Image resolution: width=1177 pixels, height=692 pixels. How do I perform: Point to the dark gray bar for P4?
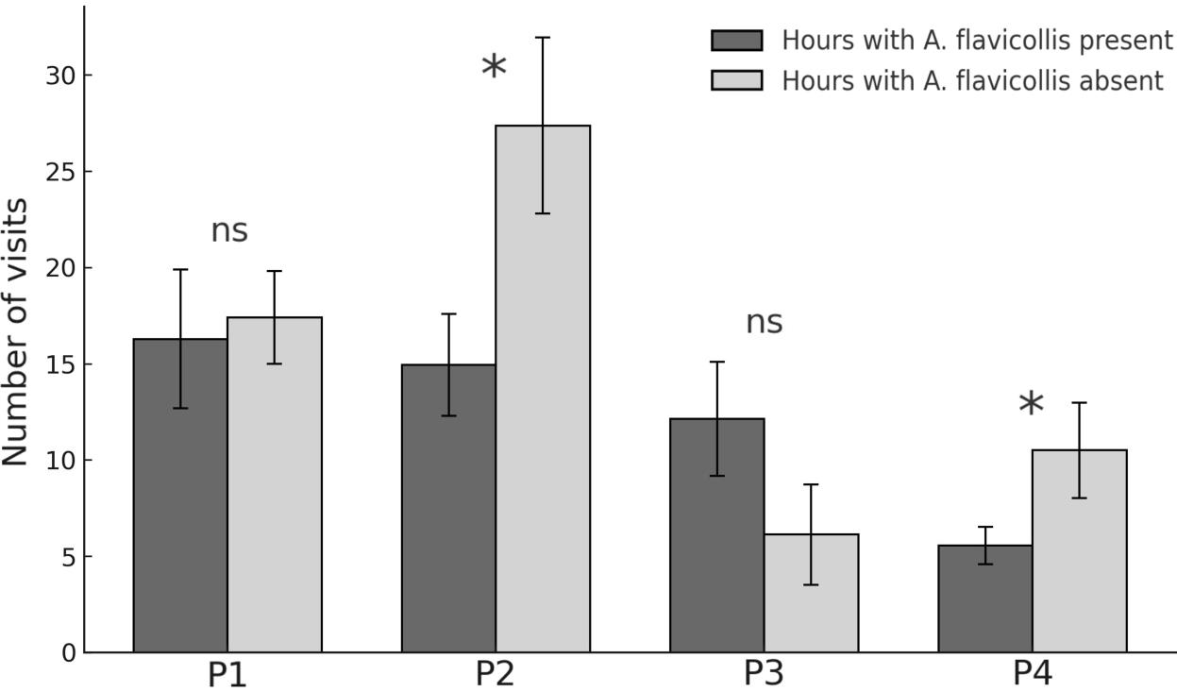coord(984,599)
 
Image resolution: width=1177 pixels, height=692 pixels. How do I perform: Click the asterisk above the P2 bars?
coord(494,68)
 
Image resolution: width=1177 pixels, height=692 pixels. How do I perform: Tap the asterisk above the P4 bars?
coord(1031,405)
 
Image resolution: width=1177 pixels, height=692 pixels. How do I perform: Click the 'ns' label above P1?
coord(229,231)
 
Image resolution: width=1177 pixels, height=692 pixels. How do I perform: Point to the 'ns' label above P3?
coord(765,323)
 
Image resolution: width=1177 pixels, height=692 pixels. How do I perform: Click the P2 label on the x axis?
coord(496,674)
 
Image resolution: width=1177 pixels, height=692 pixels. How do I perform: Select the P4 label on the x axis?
coord(1032,674)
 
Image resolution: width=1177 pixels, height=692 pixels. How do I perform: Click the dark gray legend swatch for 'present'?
coord(736,41)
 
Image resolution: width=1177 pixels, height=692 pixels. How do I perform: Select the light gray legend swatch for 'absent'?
coord(736,81)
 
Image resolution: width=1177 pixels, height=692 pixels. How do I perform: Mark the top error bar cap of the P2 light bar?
coord(543,38)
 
